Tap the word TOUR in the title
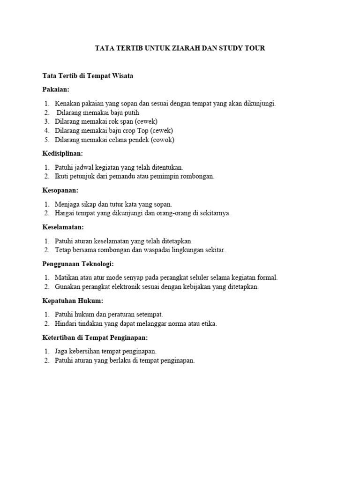pyautogui.click(x=254, y=48)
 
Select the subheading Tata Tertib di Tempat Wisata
pyautogui.click(x=88, y=76)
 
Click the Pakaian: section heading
pyautogui.click(x=56, y=89)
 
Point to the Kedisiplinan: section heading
pyautogui.click(x=62, y=153)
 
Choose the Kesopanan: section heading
pyautogui.click(x=60, y=190)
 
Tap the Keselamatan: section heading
pyautogui.click(x=63, y=227)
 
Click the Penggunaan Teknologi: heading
pyautogui.click(x=78, y=264)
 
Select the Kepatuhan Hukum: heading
pyautogui.click(x=72, y=300)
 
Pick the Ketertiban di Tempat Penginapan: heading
pyautogui.click(x=95, y=337)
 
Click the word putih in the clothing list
pyautogui.click(x=131, y=112)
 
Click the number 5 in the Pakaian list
pyautogui.click(x=47, y=140)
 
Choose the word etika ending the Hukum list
pyautogui.click(x=209, y=323)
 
